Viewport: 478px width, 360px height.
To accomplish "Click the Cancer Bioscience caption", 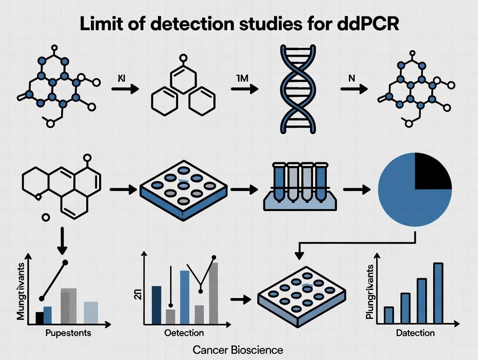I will (239, 350).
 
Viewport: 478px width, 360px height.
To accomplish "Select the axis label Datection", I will (415, 333).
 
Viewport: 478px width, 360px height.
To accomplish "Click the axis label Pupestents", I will (68, 333).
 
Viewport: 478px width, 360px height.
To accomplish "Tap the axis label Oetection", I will (184, 333).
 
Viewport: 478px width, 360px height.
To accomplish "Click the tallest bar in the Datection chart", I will (438, 293).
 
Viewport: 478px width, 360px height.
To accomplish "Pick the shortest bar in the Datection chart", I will (389, 315).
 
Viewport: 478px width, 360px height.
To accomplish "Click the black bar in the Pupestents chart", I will (39, 318).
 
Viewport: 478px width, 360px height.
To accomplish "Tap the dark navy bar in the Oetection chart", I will (156, 305).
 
